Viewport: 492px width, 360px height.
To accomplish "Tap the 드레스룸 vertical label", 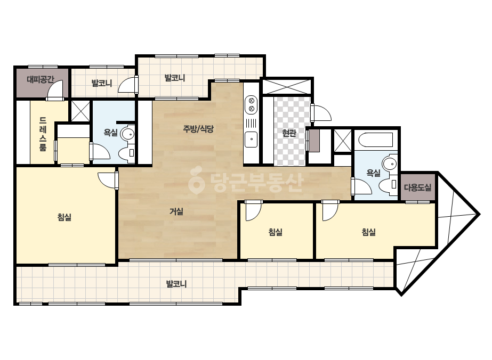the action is (43, 134).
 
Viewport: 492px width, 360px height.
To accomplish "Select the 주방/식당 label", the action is (198, 128).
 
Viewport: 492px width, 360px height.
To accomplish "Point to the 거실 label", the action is (176, 211).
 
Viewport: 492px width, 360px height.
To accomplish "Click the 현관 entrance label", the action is (289, 133).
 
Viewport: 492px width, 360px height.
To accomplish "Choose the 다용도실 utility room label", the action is (417, 187).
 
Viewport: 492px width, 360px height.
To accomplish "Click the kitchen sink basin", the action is (251, 140).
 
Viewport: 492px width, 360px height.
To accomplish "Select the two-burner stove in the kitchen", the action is (251, 105).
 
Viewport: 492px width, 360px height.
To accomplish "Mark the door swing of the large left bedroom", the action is (107, 181).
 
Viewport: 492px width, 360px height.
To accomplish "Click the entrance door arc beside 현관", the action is (321, 112).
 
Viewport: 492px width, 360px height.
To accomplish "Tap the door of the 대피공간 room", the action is (55, 89).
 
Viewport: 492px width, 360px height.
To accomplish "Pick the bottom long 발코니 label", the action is (176, 284).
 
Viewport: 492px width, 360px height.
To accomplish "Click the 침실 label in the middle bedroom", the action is (276, 232).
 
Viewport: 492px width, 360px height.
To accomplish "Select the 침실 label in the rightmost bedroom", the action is (369, 232).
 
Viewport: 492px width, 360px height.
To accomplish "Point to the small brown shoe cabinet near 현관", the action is (314, 141).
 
